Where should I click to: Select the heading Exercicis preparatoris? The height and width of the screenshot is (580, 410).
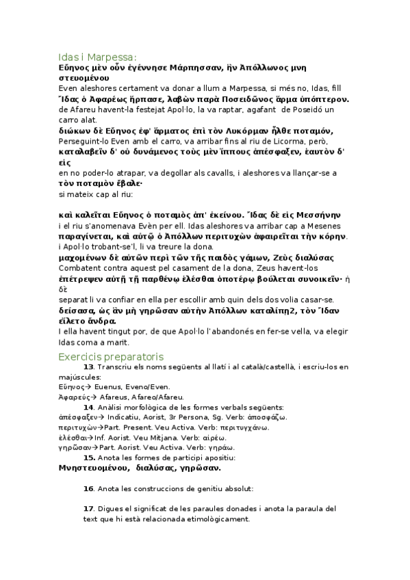pos(110,356)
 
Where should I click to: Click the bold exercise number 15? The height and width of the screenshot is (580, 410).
pos(89,457)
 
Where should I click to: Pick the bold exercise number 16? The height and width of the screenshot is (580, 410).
pos(88,488)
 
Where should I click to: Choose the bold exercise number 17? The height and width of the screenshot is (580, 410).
pos(88,509)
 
